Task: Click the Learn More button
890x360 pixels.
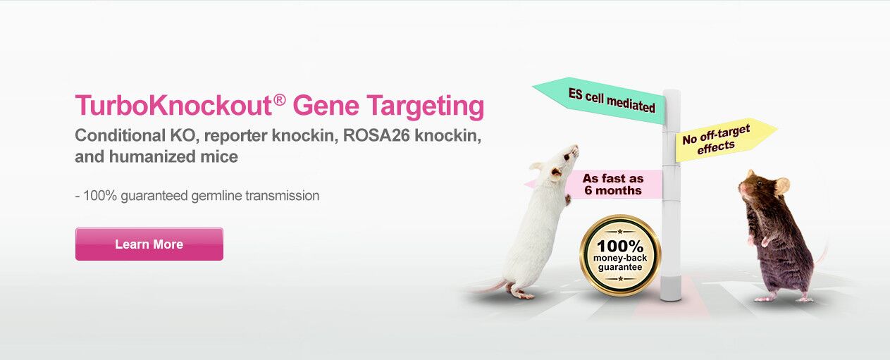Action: coord(149,244)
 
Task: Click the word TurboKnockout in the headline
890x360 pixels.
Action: coord(173,105)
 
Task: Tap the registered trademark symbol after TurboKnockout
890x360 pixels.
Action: coord(280,100)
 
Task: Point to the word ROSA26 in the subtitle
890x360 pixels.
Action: coord(376,135)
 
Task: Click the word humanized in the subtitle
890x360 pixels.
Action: coord(152,156)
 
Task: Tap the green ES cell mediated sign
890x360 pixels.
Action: coord(599,101)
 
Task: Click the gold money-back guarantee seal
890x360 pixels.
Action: coord(620,256)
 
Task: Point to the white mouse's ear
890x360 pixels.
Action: coord(555,172)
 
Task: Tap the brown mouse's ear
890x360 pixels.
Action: coord(782,185)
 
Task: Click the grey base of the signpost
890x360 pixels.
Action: coord(671,288)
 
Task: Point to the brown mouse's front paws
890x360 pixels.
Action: coord(759,241)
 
